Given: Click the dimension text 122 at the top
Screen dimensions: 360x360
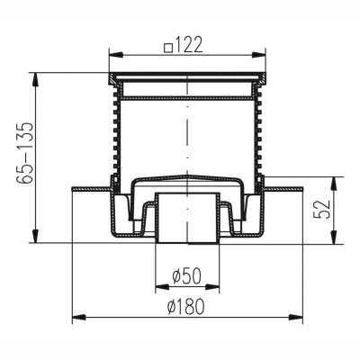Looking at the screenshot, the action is pyautogui.click(x=189, y=45).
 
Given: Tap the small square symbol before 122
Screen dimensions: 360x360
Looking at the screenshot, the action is pyautogui.click(x=169, y=48).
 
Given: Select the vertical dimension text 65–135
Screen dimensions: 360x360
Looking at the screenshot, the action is pyautogui.click(x=24, y=153).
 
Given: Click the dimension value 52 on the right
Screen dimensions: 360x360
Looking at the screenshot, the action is pyautogui.click(x=321, y=209).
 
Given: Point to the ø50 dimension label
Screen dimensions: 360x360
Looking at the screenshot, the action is pyautogui.click(x=187, y=276).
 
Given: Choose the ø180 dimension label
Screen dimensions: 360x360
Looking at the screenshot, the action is pyautogui.click(x=186, y=307).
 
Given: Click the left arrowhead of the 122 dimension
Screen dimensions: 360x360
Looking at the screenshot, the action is pyautogui.click(x=116, y=55).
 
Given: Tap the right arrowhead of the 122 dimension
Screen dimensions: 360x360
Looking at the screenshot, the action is pyautogui.click(x=258, y=55).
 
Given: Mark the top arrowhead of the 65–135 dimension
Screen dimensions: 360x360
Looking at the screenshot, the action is pyautogui.click(x=35, y=80).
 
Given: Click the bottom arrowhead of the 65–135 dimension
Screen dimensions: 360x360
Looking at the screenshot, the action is pyautogui.click(x=35, y=236).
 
